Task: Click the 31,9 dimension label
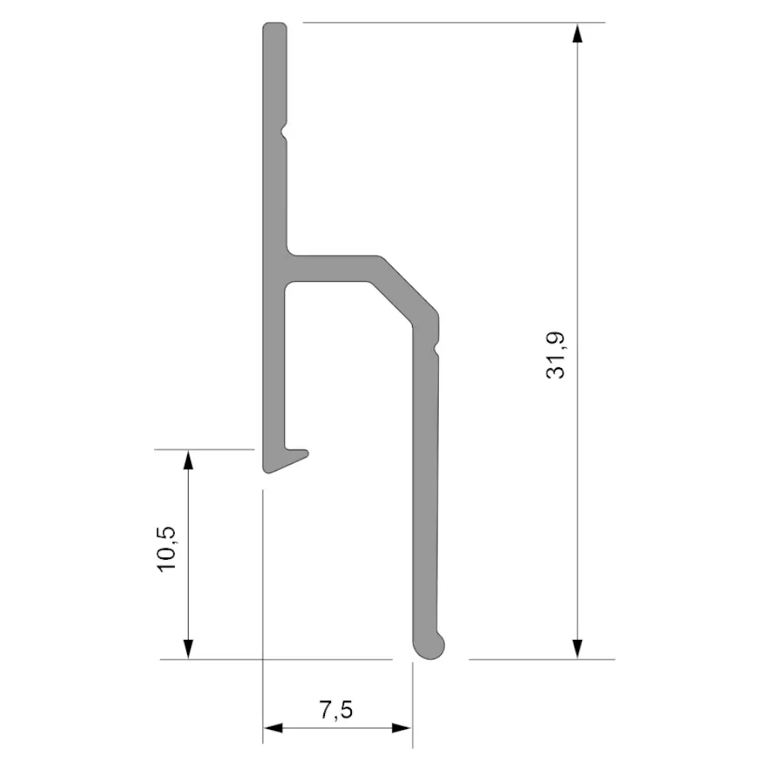point(555,355)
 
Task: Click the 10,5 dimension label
point(166,548)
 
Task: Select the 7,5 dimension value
point(336,710)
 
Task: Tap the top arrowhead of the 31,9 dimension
point(577,32)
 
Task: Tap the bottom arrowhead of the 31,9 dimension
point(577,649)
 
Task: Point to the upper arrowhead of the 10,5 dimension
point(188,460)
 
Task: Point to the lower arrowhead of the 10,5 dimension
point(188,649)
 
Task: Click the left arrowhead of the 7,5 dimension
point(273,728)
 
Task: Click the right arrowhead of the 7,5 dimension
point(402,728)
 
